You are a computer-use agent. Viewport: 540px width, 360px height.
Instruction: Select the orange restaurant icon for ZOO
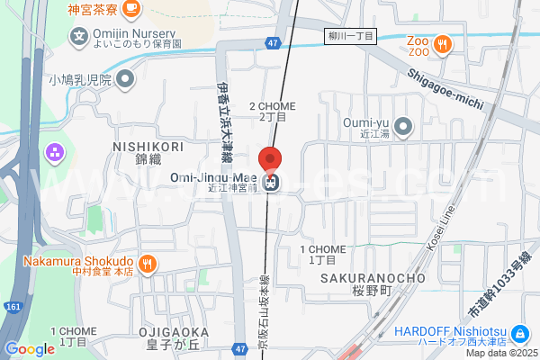coord(442,43)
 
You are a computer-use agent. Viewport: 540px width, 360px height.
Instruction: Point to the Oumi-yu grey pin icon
coord(404,126)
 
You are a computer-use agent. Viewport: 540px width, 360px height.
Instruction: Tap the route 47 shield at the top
coord(273,42)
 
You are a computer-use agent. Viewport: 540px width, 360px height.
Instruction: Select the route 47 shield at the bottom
coord(238,348)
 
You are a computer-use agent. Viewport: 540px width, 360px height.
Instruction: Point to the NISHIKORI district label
coord(148,147)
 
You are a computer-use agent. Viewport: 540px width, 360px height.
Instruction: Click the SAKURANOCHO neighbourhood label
coord(372,278)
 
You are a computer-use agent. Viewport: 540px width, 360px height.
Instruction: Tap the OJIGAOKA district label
coord(175,332)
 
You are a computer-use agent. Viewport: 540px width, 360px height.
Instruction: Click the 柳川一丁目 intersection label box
coord(350,36)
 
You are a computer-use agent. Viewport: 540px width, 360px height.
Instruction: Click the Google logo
coord(30,349)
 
